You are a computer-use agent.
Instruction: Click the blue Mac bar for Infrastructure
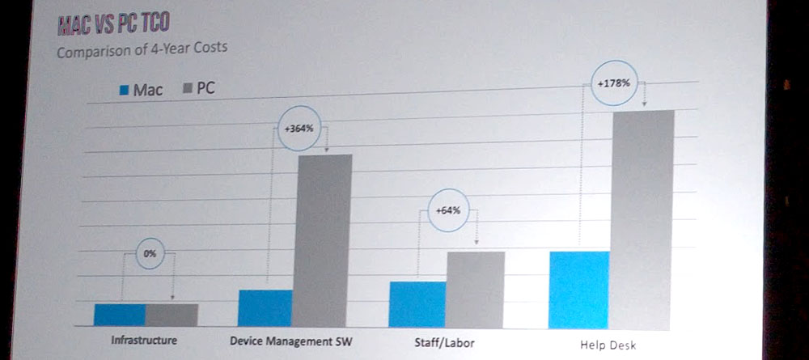click(x=120, y=314)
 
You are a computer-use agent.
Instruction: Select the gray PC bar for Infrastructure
click(x=172, y=314)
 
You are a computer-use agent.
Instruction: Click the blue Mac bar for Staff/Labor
click(x=417, y=304)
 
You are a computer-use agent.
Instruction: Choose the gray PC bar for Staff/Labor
click(x=476, y=290)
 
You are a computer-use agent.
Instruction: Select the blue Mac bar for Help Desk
click(x=578, y=290)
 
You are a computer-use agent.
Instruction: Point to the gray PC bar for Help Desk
click(x=642, y=219)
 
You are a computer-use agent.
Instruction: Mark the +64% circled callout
click(x=447, y=210)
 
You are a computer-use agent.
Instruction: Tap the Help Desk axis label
click(x=608, y=345)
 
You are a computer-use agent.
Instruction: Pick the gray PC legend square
click(x=188, y=88)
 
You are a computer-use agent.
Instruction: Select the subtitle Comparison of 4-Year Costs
click(x=142, y=49)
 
